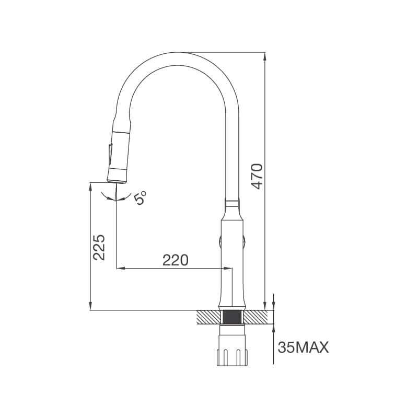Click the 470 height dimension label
tap(257, 176)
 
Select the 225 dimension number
tap(99, 247)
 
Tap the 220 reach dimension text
tap(176, 260)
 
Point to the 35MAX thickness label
tap(303, 347)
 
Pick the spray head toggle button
tap(110, 154)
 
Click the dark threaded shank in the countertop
tap(232, 317)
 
